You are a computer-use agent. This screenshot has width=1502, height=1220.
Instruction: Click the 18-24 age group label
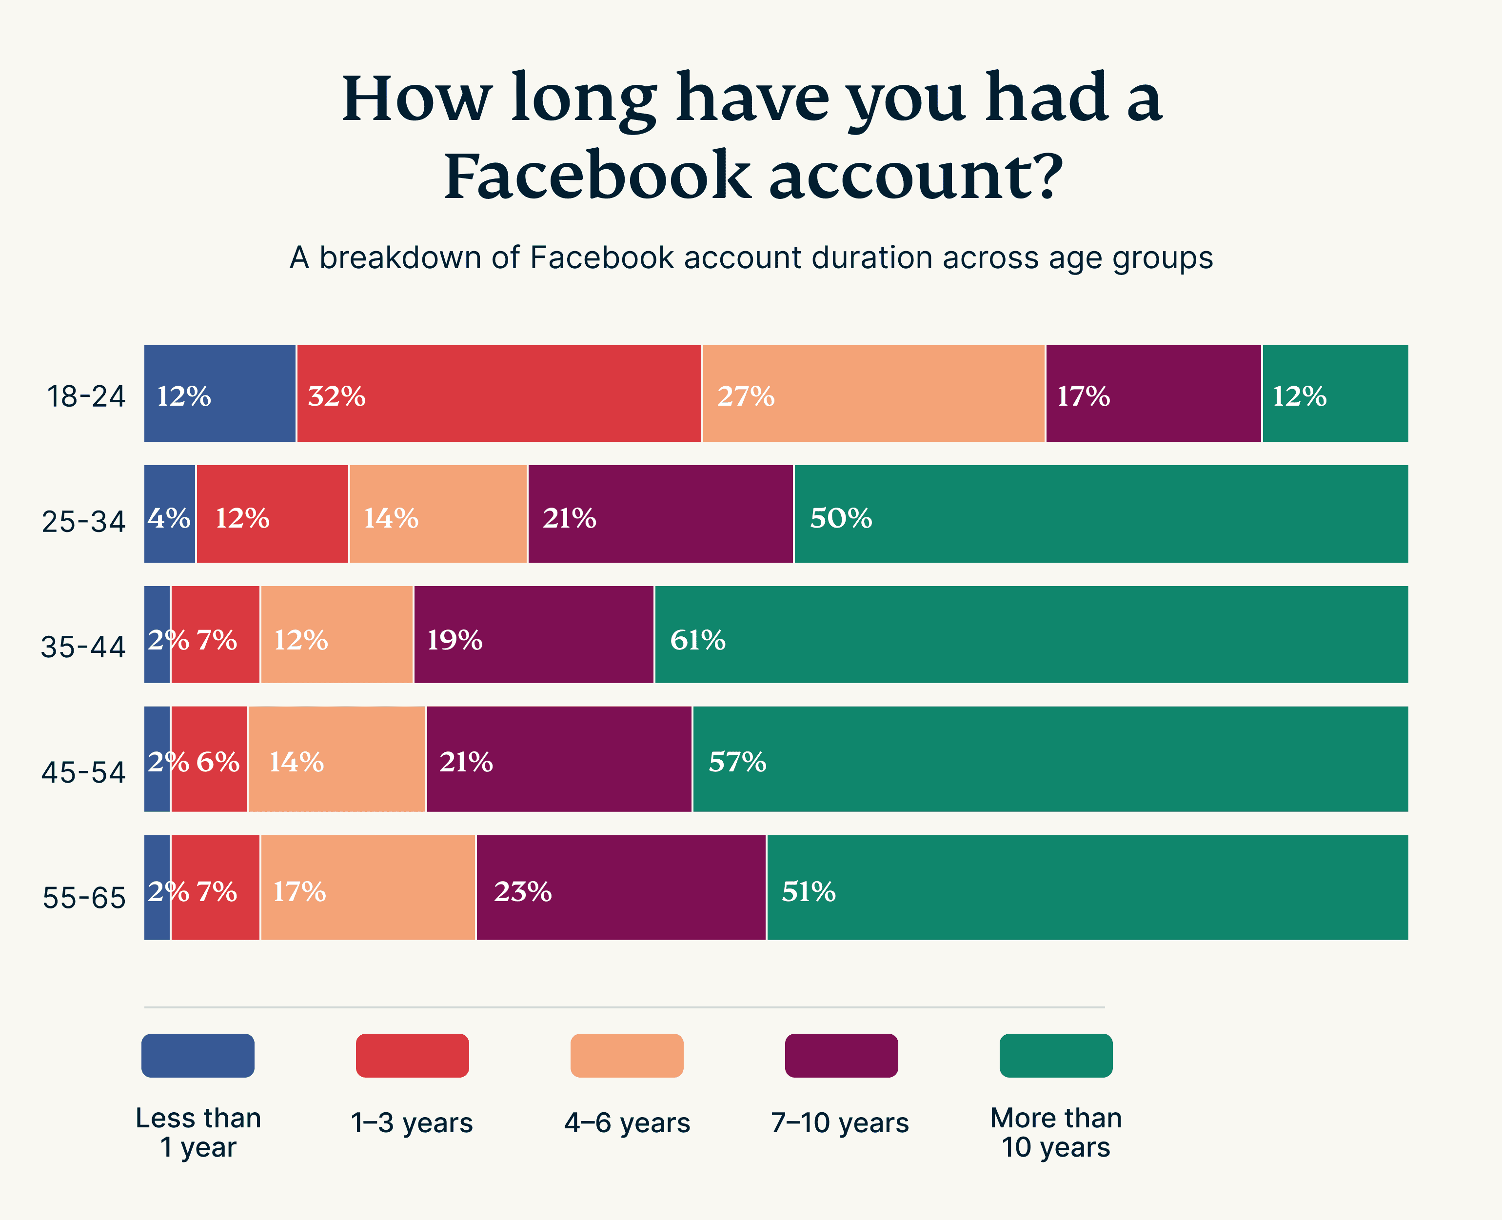pos(86,397)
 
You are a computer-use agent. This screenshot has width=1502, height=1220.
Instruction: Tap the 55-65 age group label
pos(84,898)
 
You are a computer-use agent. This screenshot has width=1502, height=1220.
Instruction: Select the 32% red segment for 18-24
pos(498,394)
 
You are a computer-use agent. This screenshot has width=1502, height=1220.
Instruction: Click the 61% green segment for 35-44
pos(1030,634)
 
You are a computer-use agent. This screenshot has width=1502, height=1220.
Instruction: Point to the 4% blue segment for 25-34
pos(169,514)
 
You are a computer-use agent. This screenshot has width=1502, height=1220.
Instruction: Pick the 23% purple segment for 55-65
pos(621,887)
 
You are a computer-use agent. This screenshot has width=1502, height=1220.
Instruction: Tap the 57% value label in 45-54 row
pos(737,763)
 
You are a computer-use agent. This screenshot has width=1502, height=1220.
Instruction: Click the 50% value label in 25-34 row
pos(841,519)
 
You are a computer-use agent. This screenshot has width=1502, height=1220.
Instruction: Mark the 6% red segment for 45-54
pos(209,759)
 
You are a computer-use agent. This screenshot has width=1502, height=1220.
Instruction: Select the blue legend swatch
pos(198,1056)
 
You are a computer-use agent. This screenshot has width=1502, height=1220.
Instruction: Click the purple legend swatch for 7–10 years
pos(841,1056)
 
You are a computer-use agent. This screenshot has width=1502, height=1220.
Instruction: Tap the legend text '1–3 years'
pos(412,1123)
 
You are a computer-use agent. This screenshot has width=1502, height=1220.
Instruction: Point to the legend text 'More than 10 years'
pos(1056,1132)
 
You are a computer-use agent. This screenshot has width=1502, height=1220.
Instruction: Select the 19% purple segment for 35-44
pos(534,634)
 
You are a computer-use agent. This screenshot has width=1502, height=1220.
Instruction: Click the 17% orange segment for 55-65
pos(368,887)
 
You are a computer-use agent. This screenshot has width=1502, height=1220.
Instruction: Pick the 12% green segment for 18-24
pos(1335,394)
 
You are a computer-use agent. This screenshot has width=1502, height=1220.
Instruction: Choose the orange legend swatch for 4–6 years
pos(627,1056)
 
